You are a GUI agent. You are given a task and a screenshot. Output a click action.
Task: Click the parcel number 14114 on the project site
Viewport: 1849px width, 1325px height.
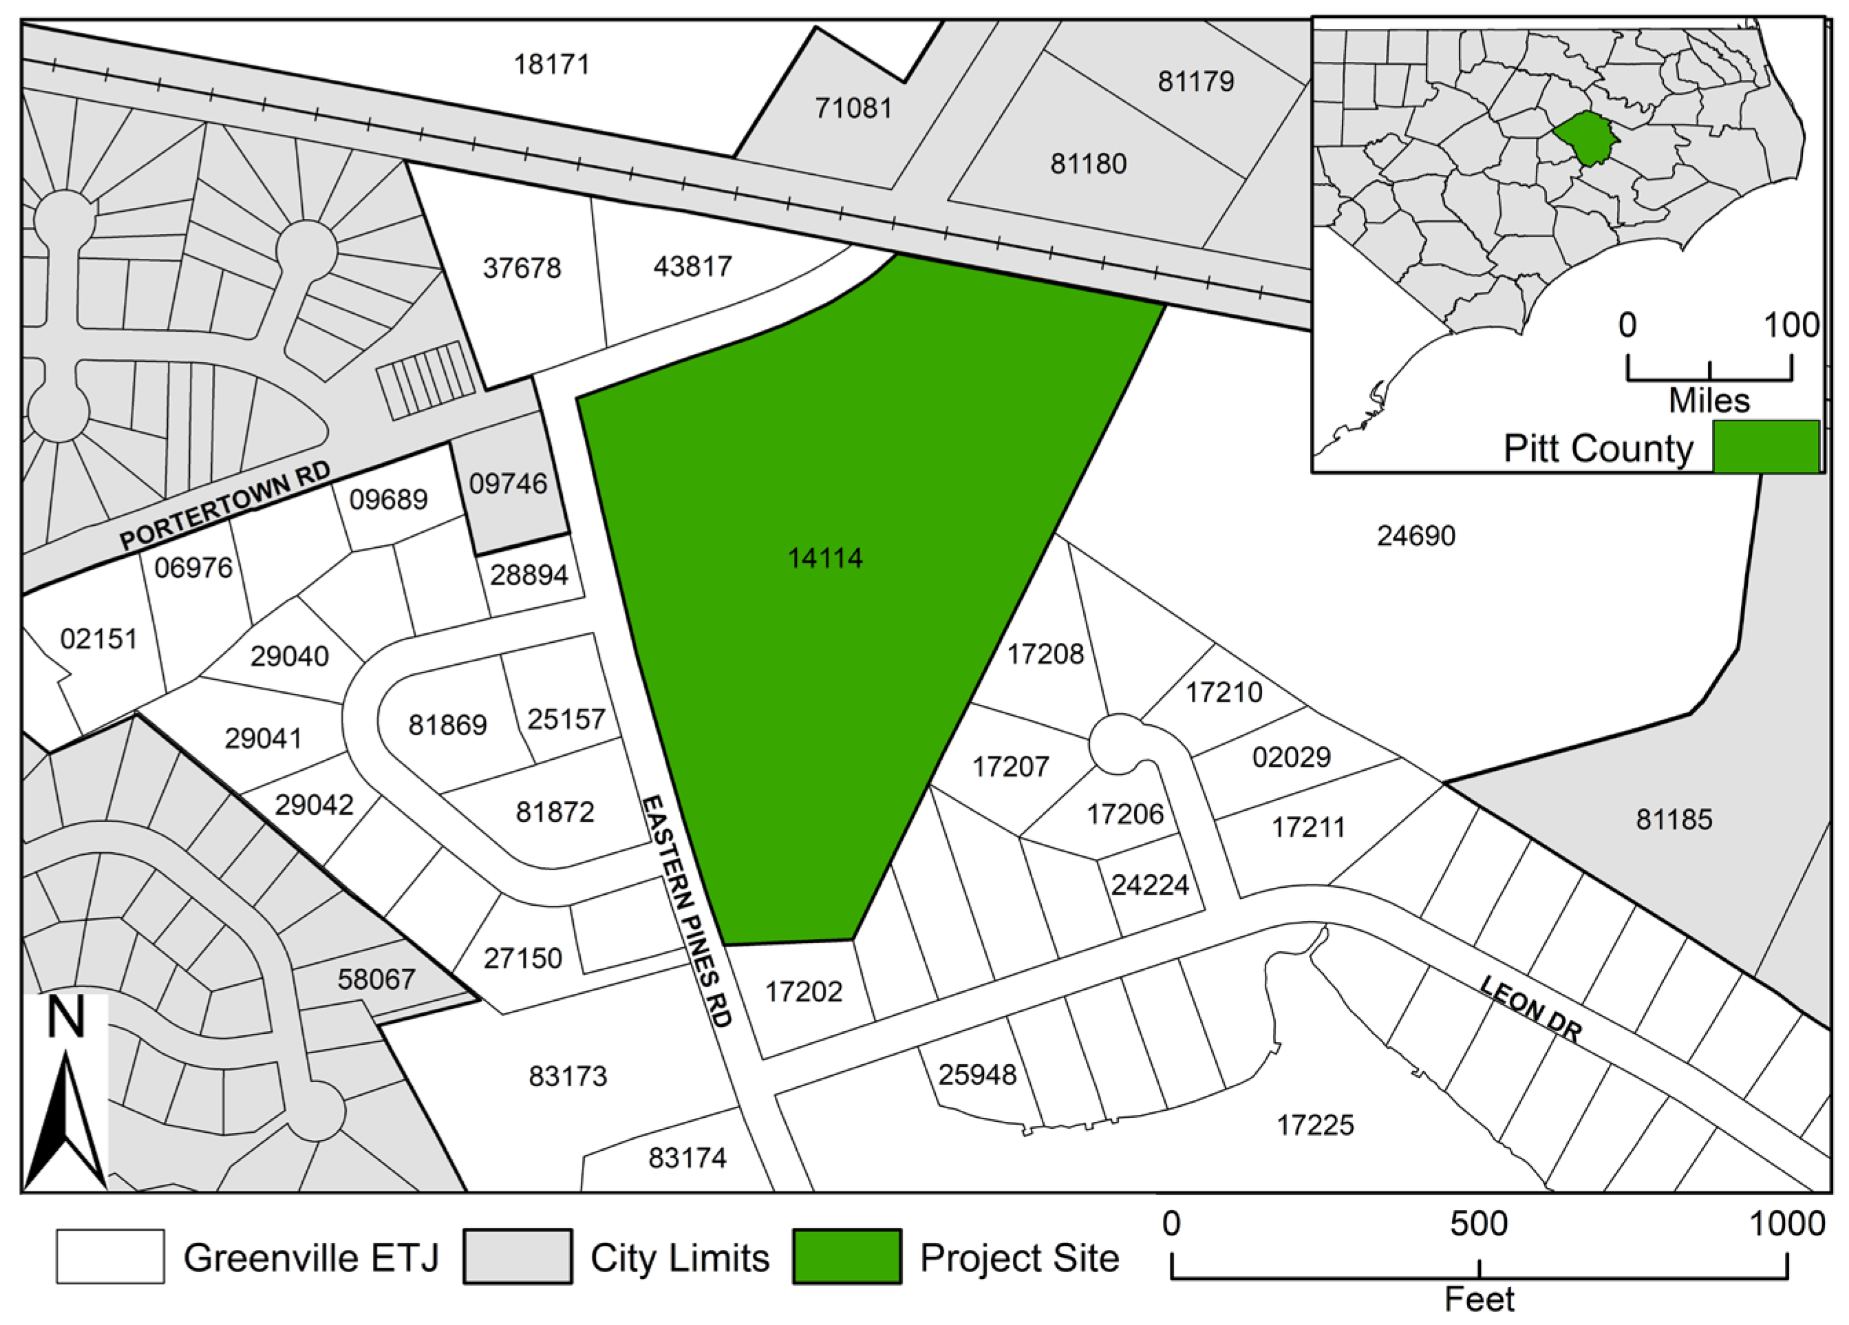(x=825, y=558)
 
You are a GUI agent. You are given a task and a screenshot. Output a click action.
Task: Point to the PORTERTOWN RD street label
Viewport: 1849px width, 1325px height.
(x=226, y=507)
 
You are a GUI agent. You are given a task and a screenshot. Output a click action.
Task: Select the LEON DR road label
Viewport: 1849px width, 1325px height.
(x=1530, y=1010)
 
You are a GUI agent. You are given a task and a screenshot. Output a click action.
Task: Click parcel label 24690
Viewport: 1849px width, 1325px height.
(x=1416, y=536)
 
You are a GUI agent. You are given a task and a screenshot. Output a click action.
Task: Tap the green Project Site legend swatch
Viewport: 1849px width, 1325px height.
(x=847, y=1256)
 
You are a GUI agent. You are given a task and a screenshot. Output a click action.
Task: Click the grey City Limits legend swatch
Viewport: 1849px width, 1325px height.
(x=517, y=1256)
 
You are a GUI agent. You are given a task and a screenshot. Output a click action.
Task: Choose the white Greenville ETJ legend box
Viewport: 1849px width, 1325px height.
(x=110, y=1256)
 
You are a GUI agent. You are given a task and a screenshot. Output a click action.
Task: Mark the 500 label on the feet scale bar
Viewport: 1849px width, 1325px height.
(x=1479, y=1224)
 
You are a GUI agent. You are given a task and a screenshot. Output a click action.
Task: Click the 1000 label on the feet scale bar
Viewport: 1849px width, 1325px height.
(x=1786, y=1224)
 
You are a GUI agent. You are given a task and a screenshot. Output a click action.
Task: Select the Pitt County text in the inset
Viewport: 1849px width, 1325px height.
(x=1598, y=449)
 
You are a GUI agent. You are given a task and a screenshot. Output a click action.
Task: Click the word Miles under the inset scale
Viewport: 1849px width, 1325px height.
(x=1709, y=401)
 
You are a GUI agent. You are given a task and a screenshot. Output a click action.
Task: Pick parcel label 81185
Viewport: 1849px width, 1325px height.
(x=1674, y=820)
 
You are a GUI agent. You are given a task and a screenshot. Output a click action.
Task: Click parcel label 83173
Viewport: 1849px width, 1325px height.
(x=568, y=1077)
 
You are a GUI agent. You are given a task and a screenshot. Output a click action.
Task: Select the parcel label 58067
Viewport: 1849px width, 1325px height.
(x=376, y=979)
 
